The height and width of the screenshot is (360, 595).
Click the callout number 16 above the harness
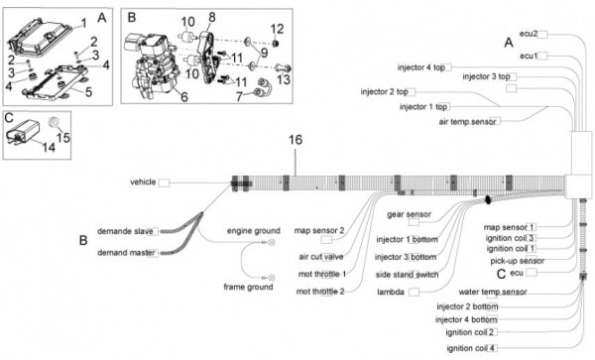(296, 140)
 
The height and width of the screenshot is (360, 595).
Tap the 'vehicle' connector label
(143, 182)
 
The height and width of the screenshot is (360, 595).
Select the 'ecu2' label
(529, 34)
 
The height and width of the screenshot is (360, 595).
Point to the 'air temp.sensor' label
(467, 122)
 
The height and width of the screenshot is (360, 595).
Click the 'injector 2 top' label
(384, 92)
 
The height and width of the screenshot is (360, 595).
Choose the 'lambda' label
(391, 293)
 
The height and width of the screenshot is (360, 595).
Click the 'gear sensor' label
(409, 214)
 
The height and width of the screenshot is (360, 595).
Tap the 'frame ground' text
(248, 287)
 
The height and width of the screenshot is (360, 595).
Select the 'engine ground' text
(254, 231)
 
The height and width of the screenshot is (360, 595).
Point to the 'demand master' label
(126, 253)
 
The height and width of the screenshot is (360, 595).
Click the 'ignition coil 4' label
(470, 348)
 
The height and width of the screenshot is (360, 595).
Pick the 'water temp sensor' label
(493, 293)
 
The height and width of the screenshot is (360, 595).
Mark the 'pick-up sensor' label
(518, 261)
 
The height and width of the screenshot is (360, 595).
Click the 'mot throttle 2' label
(320, 292)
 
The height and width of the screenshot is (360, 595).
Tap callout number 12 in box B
(277, 29)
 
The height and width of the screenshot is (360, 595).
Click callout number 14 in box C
(49, 147)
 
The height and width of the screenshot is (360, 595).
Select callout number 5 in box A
(88, 92)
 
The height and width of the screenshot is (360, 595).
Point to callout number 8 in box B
(212, 17)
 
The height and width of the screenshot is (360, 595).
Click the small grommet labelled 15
(55, 122)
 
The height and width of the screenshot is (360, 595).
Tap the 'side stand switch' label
(407, 275)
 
